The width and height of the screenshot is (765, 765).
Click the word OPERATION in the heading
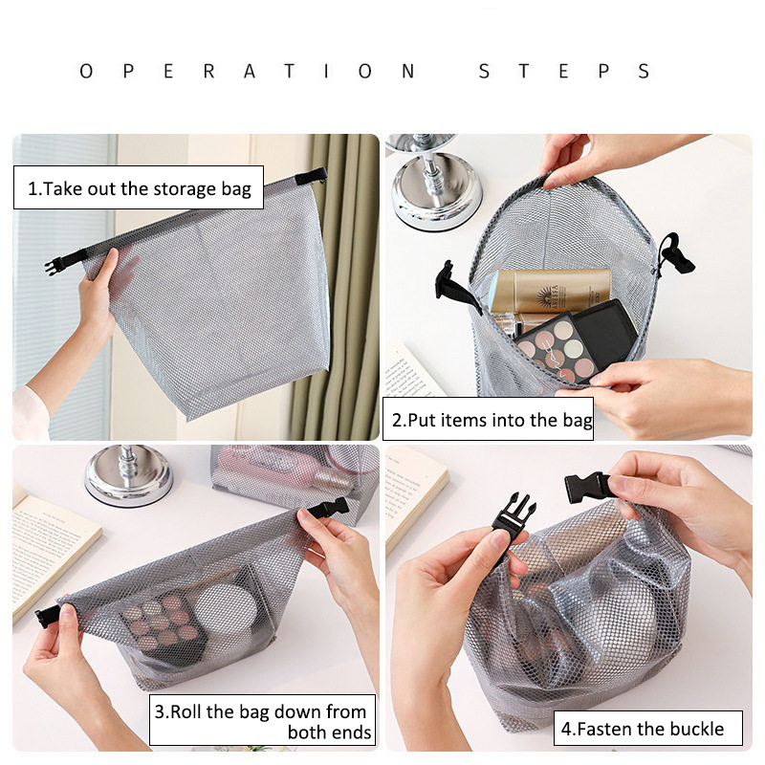[248, 71]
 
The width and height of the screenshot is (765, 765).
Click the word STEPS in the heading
[564, 71]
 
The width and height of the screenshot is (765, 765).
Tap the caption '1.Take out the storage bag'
[139, 188]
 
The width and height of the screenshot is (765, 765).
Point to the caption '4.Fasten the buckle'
[642, 729]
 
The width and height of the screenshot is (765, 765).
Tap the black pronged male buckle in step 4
[513, 515]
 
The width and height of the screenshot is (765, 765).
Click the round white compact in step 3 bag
[226, 609]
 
